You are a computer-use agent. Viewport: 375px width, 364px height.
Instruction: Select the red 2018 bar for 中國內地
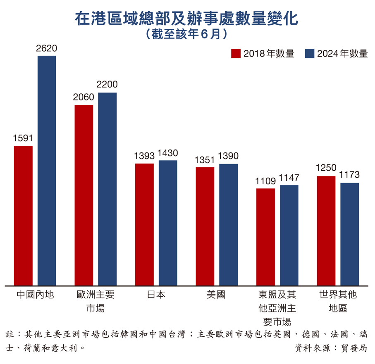point(23,215)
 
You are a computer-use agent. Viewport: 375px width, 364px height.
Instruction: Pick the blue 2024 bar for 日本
point(168,223)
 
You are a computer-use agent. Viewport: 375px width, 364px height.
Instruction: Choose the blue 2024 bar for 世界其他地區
point(350,234)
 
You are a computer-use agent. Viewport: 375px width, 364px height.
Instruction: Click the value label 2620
point(46,49)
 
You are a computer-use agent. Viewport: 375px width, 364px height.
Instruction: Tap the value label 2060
point(84,98)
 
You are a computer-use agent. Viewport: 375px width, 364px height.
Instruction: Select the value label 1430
point(168,153)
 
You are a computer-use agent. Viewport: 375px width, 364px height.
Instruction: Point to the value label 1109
point(265,181)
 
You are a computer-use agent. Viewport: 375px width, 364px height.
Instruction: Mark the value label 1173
point(350,175)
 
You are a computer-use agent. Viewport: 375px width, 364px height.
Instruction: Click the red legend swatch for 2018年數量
point(236,54)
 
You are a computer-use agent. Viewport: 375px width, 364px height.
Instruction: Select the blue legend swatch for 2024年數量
point(309,54)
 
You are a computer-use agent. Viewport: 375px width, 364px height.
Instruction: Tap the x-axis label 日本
point(156,295)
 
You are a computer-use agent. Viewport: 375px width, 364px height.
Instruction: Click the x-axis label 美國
point(216,295)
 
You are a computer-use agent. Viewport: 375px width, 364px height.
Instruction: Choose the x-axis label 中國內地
point(35,295)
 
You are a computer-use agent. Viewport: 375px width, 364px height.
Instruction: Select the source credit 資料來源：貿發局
point(331,348)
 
